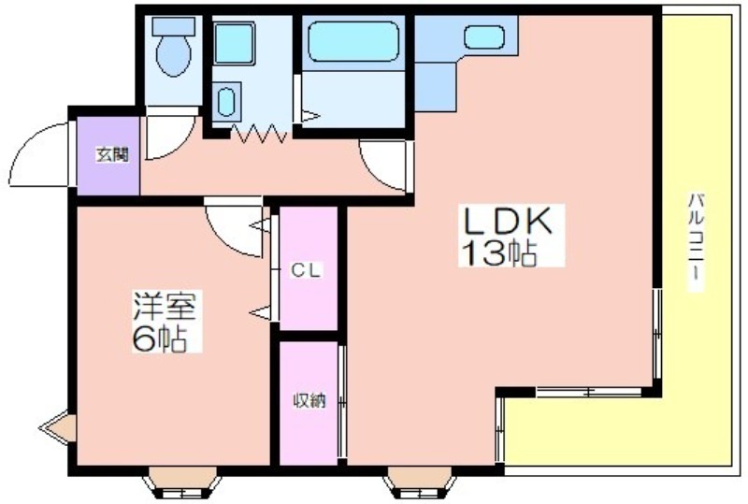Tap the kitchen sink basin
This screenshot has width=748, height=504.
484,36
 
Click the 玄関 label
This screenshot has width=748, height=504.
112,154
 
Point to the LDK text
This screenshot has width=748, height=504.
509,221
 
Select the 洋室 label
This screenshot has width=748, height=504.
165,306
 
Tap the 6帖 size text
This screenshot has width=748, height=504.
160,338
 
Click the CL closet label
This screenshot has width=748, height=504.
306,271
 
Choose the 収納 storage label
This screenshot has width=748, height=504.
309,400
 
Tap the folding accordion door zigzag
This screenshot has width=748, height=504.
259,134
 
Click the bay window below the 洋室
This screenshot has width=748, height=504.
182,482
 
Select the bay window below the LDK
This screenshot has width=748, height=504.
419,482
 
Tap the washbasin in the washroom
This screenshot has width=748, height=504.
226,100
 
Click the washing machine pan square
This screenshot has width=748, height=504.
234,42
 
